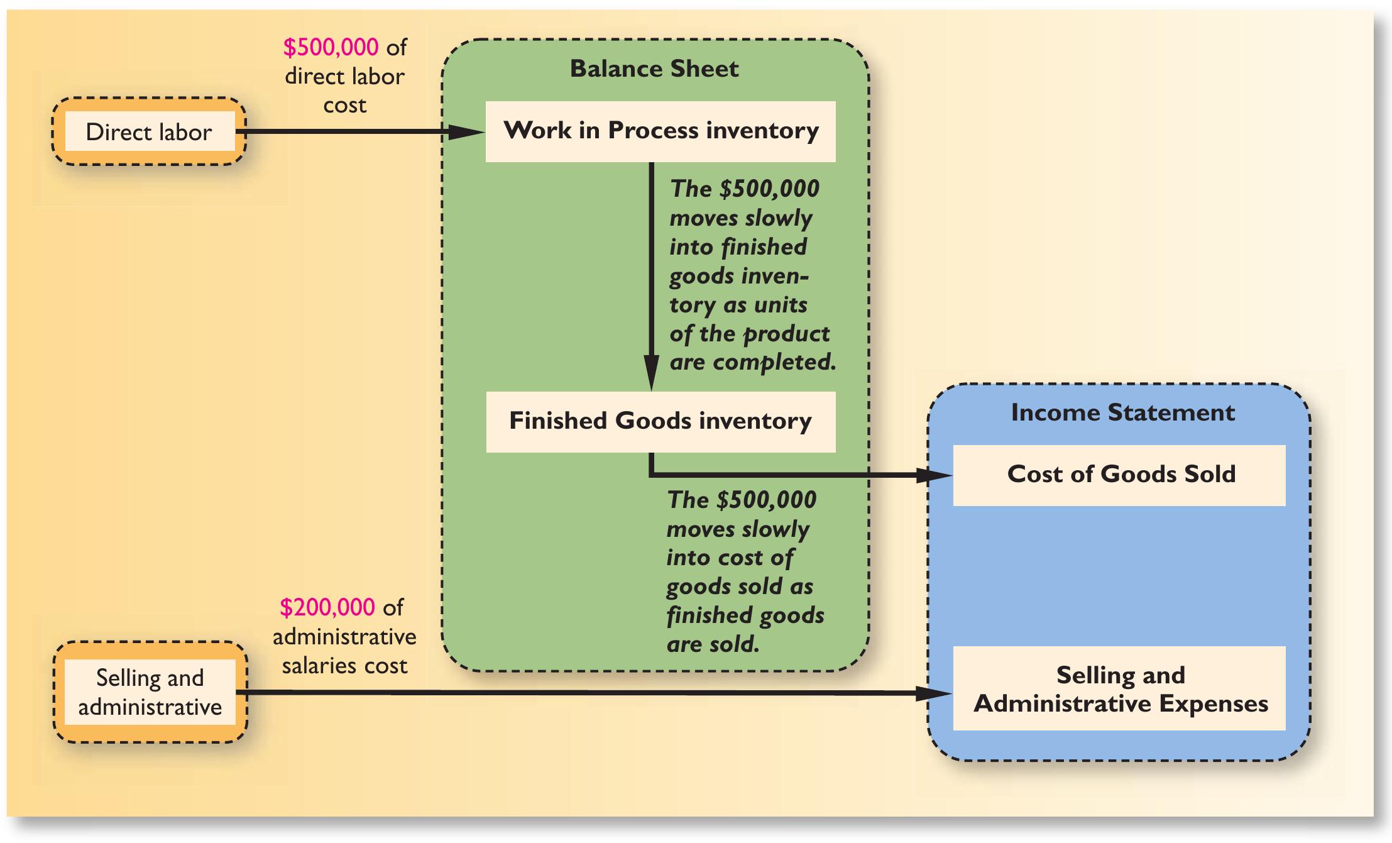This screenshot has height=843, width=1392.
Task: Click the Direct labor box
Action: click(149, 132)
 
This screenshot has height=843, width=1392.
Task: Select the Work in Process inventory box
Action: click(660, 131)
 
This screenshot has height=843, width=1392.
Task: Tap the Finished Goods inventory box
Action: click(660, 421)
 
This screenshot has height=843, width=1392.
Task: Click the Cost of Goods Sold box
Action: click(1119, 475)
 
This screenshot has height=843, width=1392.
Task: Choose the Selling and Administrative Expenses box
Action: click(1119, 688)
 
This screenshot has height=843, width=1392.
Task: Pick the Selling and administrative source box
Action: click(150, 692)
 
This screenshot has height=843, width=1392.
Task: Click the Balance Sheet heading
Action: click(654, 69)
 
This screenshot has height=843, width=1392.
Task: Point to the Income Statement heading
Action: click(1122, 412)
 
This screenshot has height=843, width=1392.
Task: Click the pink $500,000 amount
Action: click(331, 47)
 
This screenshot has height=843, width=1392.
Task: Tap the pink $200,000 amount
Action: click(327, 607)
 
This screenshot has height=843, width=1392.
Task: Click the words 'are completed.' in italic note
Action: click(752, 363)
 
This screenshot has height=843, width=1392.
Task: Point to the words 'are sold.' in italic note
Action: click(713, 644)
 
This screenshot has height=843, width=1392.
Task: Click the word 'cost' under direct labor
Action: click(344, 105)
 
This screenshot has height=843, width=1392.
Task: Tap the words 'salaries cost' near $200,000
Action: click(344, 666)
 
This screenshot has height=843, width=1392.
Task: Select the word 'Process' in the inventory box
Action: click(653, 130)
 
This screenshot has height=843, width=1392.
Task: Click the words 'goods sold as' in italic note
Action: click(740, 587)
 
